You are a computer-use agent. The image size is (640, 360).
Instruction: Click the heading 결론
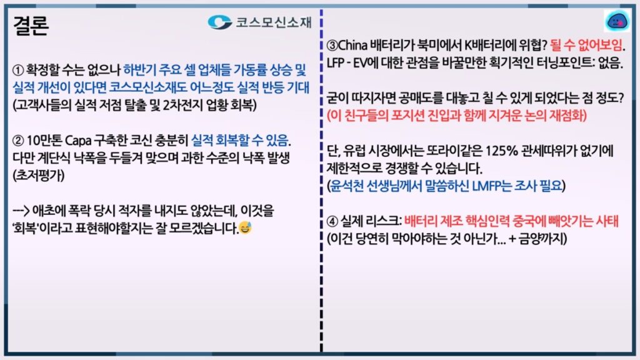point(31,25)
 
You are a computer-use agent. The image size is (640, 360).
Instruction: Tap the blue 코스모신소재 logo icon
point(219,22)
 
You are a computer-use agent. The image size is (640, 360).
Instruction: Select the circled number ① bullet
point(18,70)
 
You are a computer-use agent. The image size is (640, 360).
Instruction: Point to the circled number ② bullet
point(18,141)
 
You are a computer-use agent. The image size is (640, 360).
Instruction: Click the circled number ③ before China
point(332,45)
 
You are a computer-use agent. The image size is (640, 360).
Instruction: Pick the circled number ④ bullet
point(332,222)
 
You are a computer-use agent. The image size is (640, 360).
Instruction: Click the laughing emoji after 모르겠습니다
point(245,227)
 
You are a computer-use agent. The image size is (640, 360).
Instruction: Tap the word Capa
point(78,141)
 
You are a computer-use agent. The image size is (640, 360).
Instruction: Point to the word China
point(353,45)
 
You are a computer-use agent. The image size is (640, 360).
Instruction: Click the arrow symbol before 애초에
point(21,211)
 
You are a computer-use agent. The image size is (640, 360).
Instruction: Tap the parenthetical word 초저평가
point(39,176)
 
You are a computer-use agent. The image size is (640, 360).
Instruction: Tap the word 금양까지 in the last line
point(541,239)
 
